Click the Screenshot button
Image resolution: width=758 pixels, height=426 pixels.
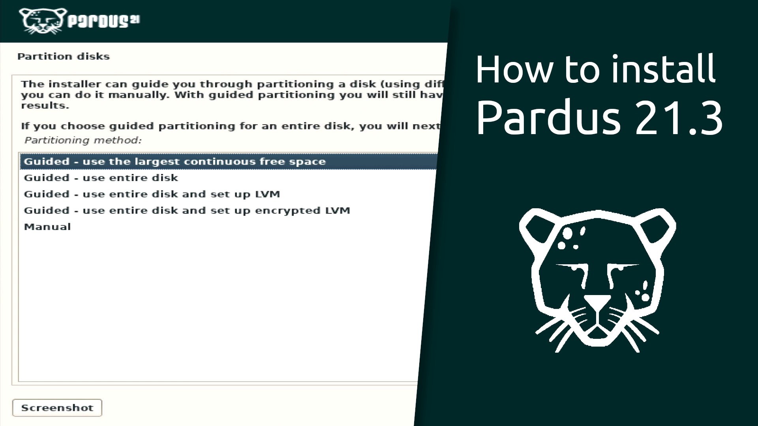57,407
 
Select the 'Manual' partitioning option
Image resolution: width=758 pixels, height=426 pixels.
47,227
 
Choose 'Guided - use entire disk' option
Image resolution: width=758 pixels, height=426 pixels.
101,178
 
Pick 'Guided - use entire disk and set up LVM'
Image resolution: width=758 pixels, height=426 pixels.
152,194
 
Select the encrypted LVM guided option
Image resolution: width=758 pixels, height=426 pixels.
187,211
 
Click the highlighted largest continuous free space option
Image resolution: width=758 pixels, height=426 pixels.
175,162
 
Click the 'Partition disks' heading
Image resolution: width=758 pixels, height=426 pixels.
64,56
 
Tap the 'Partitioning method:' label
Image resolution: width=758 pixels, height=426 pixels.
83,140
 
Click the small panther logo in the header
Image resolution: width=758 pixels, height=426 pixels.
41,21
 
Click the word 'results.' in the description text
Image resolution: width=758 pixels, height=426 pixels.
45,106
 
